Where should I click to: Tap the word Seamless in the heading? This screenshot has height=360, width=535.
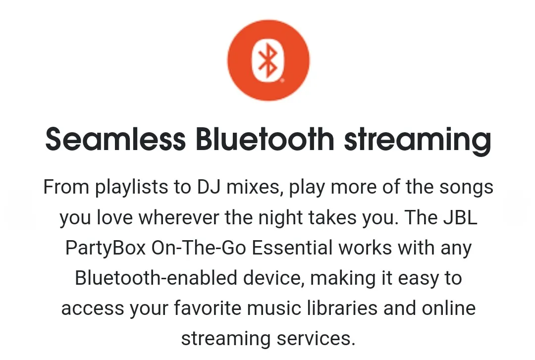coord(115,139)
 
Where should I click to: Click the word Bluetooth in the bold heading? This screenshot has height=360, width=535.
coord(265,139)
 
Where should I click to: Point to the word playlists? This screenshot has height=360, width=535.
coord(132,187)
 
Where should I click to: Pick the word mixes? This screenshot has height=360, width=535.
coord(255,187)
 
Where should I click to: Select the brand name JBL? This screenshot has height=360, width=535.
coord(460,217)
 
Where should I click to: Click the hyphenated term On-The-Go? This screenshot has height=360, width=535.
coord(199,248)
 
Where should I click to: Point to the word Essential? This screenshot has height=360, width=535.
coord(292,248)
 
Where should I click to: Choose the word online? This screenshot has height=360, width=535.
coord(449,308)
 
